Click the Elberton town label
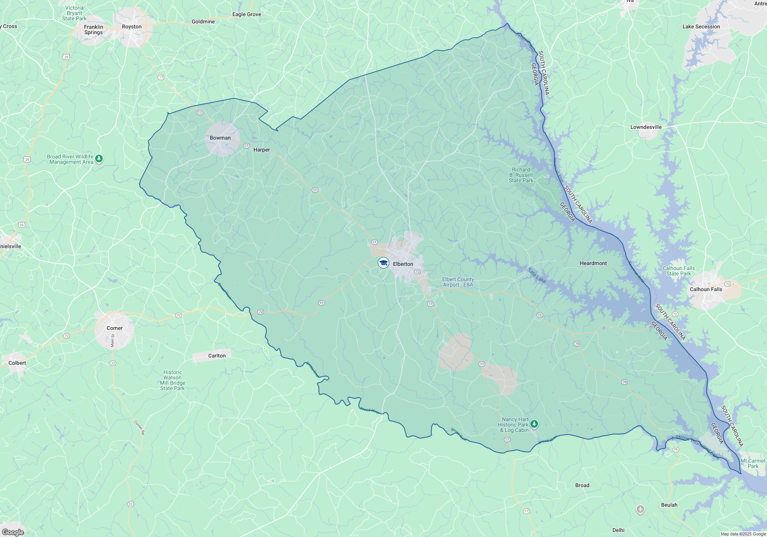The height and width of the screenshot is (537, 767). [x=403, y=264]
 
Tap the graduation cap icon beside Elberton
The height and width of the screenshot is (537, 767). [x=383, y=263]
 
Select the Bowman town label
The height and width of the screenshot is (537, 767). [x=220, y=138]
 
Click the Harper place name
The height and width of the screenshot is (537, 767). [x=262, y=150]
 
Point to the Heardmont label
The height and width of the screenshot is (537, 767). [x=593, y=263]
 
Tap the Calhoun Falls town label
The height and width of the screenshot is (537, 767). [x=706, y=289]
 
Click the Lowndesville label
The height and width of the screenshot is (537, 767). [x=646, y=127]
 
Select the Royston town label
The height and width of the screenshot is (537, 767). [x=132, y=26]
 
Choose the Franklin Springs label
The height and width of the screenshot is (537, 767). [x=94, y=30]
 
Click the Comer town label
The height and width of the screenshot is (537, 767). [x=114, y=328]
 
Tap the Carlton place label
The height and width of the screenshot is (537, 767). [x=217, y=356]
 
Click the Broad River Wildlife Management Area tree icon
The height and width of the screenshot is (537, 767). [x=99, y=158]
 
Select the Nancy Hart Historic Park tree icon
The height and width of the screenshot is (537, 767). [x=534, y=424]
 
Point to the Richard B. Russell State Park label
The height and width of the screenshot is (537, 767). [x=521, y=175]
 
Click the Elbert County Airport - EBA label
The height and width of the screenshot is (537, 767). [x=458, y=282]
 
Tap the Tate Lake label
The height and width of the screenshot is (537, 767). [x=537, y=275]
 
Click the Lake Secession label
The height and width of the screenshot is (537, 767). [x=701, y=26]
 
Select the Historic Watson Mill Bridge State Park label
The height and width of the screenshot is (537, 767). [x=173, y=380]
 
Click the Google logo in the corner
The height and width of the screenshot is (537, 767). [x=13, y=532]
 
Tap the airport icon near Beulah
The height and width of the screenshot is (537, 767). [x=640, y=509]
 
